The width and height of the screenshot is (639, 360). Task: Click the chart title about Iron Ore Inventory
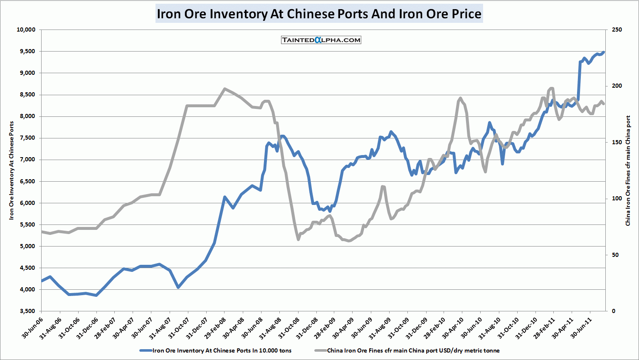319,14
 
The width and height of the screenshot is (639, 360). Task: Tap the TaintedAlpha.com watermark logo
321,40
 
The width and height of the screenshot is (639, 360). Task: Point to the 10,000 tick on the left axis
26,30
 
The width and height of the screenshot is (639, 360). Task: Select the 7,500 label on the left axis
27,138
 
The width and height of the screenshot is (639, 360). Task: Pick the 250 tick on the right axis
617,30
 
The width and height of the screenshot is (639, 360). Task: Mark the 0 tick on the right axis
614,311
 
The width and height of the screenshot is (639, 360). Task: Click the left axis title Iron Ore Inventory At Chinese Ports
12,170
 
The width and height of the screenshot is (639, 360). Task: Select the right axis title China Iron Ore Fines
628,170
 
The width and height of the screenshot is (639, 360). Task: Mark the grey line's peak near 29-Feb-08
225,89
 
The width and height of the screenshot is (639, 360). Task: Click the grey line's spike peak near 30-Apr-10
460,98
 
